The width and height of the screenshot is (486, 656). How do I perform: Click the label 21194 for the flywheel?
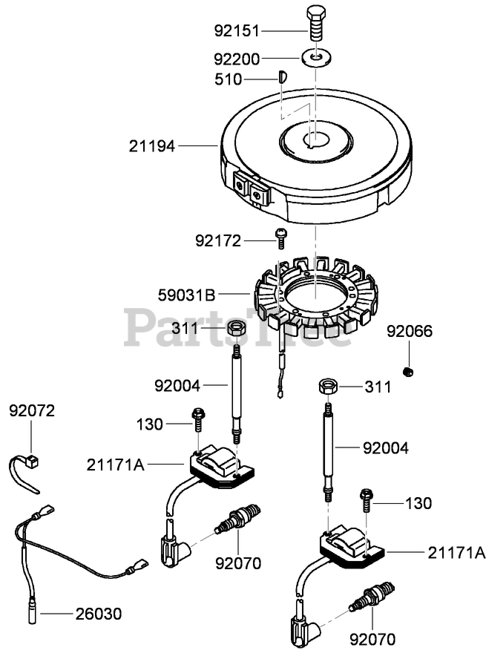coord(151,147)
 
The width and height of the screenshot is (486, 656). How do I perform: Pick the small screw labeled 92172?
coord(281,238)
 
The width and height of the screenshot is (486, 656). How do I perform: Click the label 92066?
coord(409,331)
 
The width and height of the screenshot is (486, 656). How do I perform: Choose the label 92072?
coord(32,410)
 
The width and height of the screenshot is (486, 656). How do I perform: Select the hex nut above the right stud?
coord(329,387)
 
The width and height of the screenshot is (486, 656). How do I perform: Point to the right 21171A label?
coord(456,552)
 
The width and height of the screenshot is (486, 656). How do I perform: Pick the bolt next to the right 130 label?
coord(366,501)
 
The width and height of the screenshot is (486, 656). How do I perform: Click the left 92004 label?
coord(179,385)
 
